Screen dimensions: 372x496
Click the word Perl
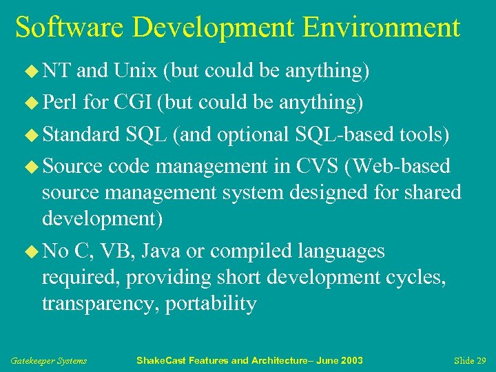click(60, 103)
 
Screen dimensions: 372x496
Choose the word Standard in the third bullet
click(81, 134)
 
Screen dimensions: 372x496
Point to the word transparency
click(101, 304)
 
